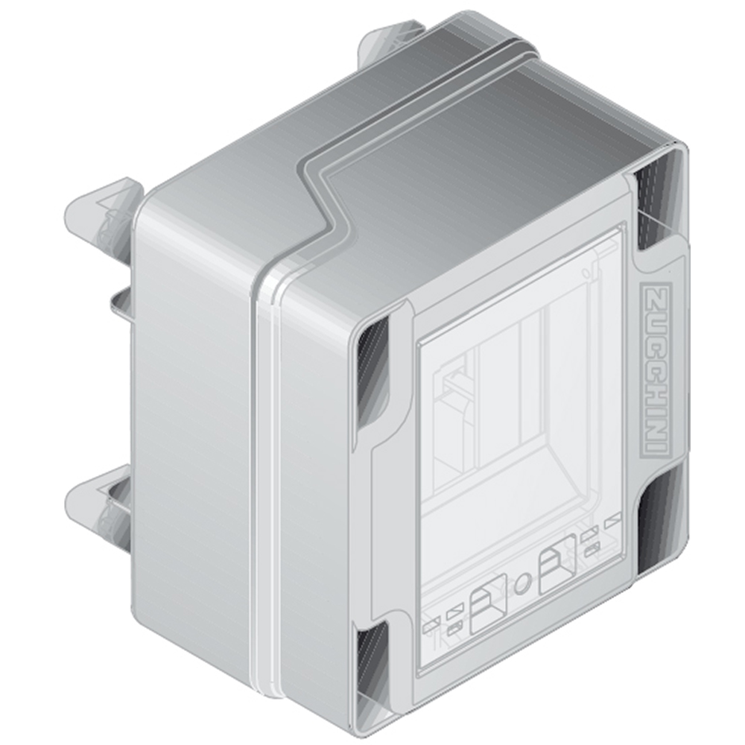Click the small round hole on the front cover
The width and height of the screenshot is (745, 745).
(x=521, y=583)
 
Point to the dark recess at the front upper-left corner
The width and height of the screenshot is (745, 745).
(x=372, y=370)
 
